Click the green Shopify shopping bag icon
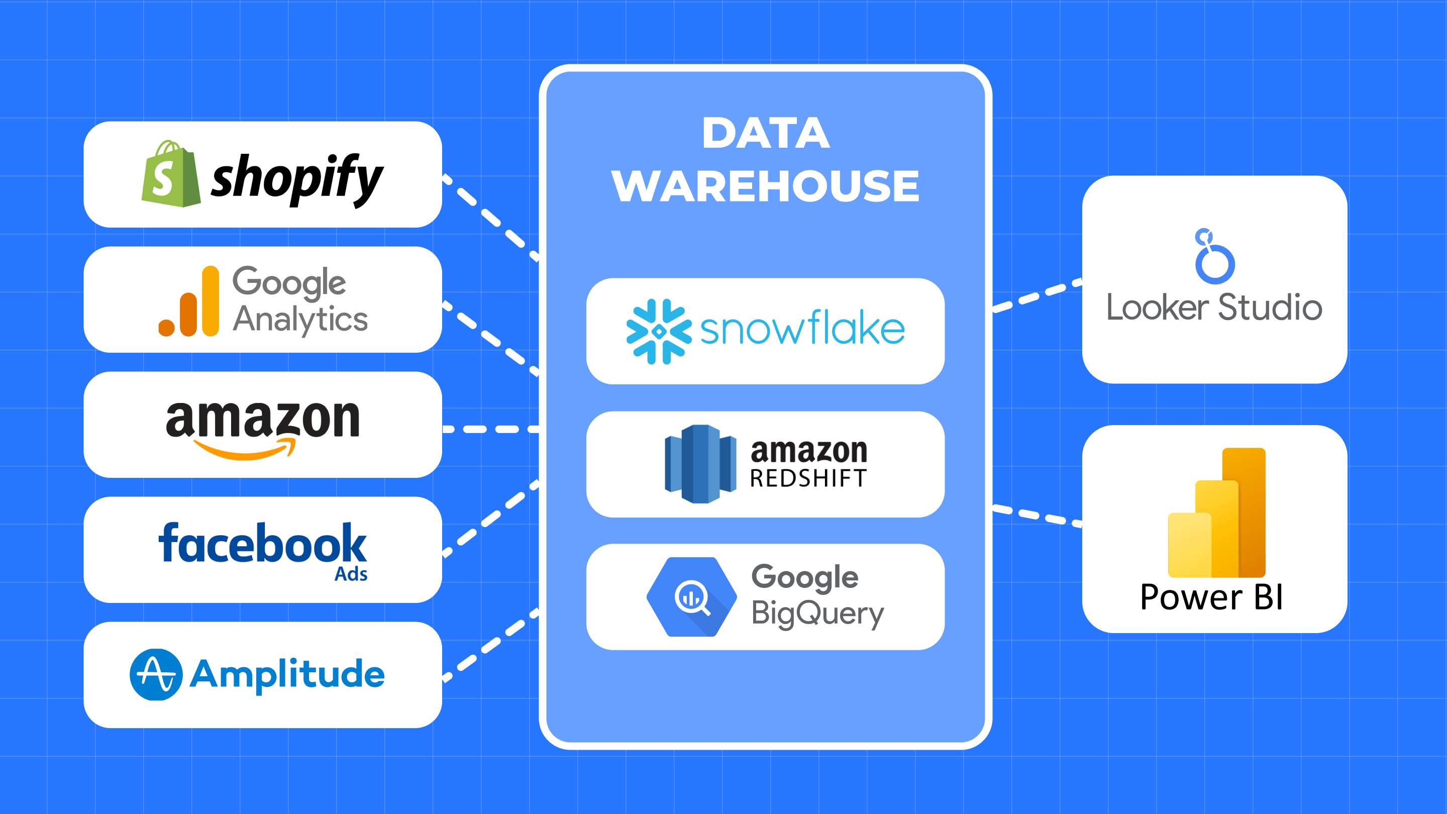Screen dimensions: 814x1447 pos(170,175)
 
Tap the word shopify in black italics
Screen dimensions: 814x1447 pos(296,179)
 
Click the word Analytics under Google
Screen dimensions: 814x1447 pos(300,319)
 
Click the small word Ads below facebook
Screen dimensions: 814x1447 pos(351,574)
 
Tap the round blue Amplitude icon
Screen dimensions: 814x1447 pos(156,674)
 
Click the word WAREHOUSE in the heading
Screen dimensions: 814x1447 pos(765,186)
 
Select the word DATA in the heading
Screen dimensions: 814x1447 pos(766,134)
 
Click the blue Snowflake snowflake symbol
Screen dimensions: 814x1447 pos(658,332)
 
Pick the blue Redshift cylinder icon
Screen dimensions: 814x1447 pos(700,464)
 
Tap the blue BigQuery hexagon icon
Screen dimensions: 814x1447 pos(691,596)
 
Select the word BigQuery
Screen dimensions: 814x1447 pos(817,614)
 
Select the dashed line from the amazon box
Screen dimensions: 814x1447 pos(490,430)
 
